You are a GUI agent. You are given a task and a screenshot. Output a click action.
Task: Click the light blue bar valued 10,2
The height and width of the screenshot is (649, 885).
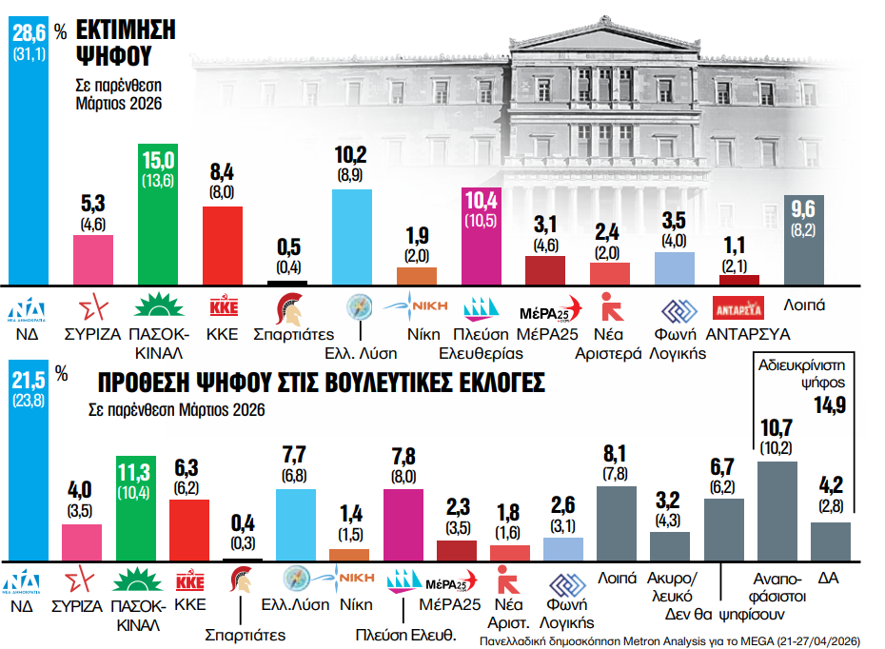(352, 236)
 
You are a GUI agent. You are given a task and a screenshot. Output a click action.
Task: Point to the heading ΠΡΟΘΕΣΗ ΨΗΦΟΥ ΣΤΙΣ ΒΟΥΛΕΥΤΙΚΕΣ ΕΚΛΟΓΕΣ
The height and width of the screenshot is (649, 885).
(322, 383)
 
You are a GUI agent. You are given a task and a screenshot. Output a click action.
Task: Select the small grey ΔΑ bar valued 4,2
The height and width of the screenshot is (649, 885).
(831, 541)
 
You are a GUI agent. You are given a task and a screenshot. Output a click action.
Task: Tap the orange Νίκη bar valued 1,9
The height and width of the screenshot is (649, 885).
(416, 276)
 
